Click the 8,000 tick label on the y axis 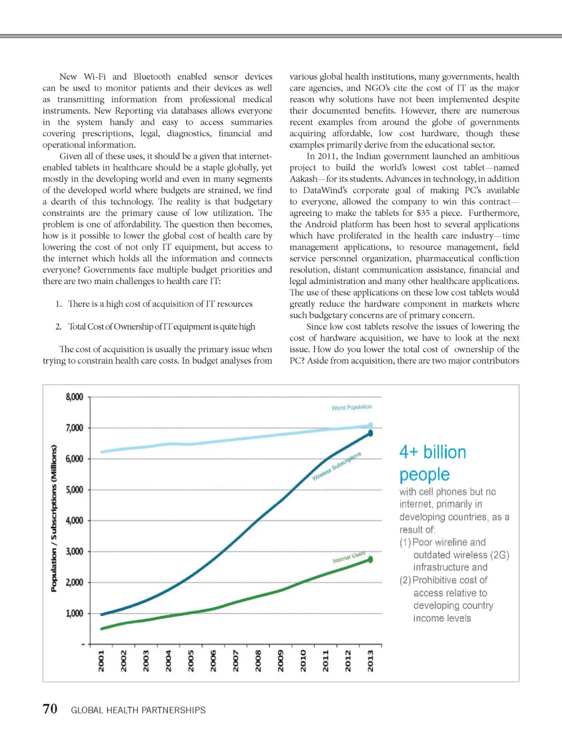pos(75,397)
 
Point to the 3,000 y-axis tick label pos(75,551)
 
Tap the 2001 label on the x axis pos(101,660)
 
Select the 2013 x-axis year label pos(370,660)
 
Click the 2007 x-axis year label pos(236,660)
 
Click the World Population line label pos(351,407)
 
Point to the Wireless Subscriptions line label pos(336,467)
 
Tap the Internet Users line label pos(349,557)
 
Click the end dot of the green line pos(370,559)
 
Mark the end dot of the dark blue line pos(370,433)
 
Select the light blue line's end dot pos(370,425)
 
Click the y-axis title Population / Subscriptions pos(54,518)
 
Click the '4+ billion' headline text pos(432,452)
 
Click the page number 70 pos(50,709)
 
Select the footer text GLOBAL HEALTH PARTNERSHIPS pos(138,710)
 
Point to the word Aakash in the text pos(304,179)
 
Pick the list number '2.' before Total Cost pos(58,326)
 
